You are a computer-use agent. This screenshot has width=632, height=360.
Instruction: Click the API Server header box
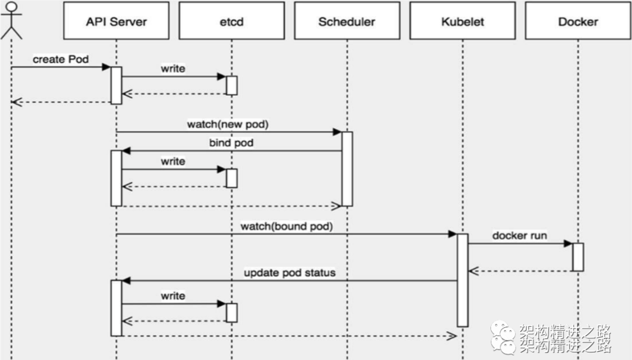(116, 21)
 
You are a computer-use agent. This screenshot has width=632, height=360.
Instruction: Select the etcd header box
(232, 21)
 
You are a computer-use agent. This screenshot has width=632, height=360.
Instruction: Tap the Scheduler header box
(347, 21)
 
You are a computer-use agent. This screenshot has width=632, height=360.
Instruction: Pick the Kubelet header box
(463, 21)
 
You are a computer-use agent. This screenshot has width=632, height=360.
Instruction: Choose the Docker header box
(578, 21)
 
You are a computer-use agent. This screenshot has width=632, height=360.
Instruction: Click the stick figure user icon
(11, 20)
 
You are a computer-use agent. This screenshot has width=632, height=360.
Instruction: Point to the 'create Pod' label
(60, 59)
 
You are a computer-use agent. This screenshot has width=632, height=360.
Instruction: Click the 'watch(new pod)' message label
(228, 124)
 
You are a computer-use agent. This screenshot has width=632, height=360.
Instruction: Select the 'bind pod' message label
(231, 143)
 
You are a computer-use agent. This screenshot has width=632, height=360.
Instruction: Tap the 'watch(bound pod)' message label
(287, 226)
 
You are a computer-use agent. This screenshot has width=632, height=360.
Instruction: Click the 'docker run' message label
(520, 235)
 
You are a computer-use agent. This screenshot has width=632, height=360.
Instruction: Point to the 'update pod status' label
(290, 273)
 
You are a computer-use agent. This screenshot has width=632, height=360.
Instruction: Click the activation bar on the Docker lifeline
(578, 257)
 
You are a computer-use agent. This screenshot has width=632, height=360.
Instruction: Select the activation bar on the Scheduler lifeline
(347, 169)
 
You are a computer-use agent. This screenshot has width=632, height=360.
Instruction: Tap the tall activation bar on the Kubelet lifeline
(463, 280)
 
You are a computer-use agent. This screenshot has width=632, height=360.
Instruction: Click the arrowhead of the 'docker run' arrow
(568, 244)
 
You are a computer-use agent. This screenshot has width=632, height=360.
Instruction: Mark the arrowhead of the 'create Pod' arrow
(107, 67)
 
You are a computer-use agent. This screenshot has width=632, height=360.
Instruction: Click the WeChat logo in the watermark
(503, 338)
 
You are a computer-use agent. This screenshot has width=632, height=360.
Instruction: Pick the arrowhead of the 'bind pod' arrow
(126, 151)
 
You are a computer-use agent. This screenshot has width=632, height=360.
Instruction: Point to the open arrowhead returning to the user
(16, 102)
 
